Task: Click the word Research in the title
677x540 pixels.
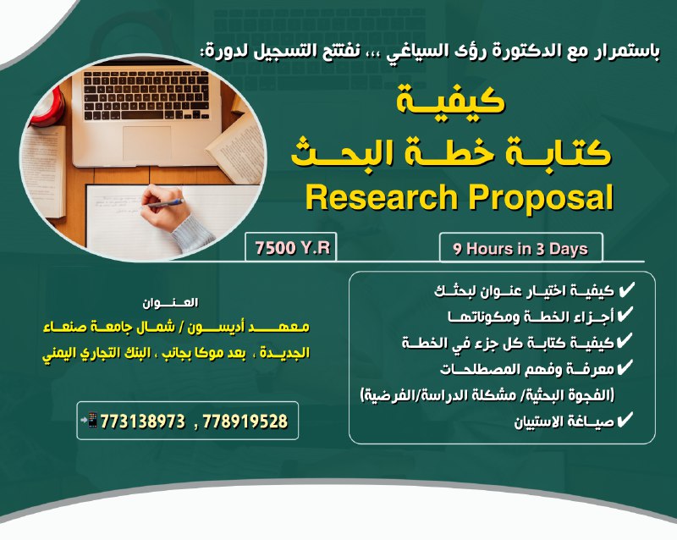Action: tap(382, 198)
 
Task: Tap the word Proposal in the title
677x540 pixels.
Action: tap(541, 200)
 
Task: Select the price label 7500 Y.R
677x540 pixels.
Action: tap(292, 248)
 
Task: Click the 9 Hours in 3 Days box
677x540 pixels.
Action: tap(520, 249)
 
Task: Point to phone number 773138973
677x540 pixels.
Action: tap(143, 422)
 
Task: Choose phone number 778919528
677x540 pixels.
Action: tap(245, 422)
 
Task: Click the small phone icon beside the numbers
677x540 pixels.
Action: tap(90, 420)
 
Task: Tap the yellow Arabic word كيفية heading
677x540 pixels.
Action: tap(450, 100)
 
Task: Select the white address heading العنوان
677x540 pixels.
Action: tap(170, 303)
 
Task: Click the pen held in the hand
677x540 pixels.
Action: tap(166, 204)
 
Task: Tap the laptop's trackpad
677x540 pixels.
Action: tap(146, 143)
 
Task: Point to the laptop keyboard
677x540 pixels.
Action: tap(146, 96)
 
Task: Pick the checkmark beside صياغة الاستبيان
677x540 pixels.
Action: tap(625, 420)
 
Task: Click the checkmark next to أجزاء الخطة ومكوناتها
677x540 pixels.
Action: tap(625, 316)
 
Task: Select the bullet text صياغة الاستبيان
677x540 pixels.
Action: tap(564, 422)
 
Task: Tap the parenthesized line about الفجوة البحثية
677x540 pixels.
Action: tap(487, 395)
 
